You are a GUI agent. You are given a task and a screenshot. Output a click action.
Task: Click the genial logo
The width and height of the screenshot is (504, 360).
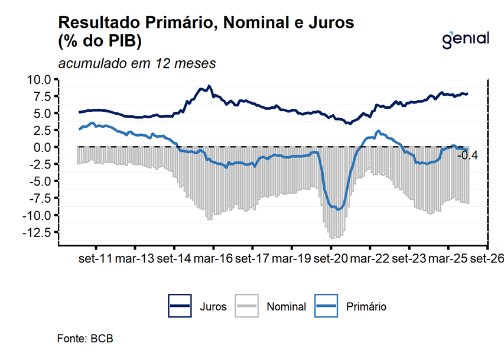pos(466,39)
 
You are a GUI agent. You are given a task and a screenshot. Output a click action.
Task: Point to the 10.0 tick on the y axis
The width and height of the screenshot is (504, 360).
pos(43,79)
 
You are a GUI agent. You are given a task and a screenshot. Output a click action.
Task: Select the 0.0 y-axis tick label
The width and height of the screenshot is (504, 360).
pos(45,147)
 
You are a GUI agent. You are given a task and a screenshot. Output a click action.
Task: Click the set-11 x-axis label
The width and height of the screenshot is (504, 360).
pos(96,258)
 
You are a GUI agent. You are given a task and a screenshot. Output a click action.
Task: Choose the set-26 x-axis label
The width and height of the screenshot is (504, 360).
pos(487,258)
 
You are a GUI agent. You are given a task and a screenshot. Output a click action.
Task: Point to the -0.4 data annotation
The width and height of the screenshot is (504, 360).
pos(468,155)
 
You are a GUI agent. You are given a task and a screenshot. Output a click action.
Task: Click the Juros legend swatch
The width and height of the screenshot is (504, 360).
pos(180,306)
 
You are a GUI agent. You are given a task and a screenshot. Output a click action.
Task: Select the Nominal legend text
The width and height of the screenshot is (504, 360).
pos(286,307)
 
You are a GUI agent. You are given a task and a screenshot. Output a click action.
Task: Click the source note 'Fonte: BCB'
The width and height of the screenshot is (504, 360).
pos(85,339)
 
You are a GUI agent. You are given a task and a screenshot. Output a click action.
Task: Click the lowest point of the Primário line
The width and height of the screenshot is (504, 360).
pos(338,209)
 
